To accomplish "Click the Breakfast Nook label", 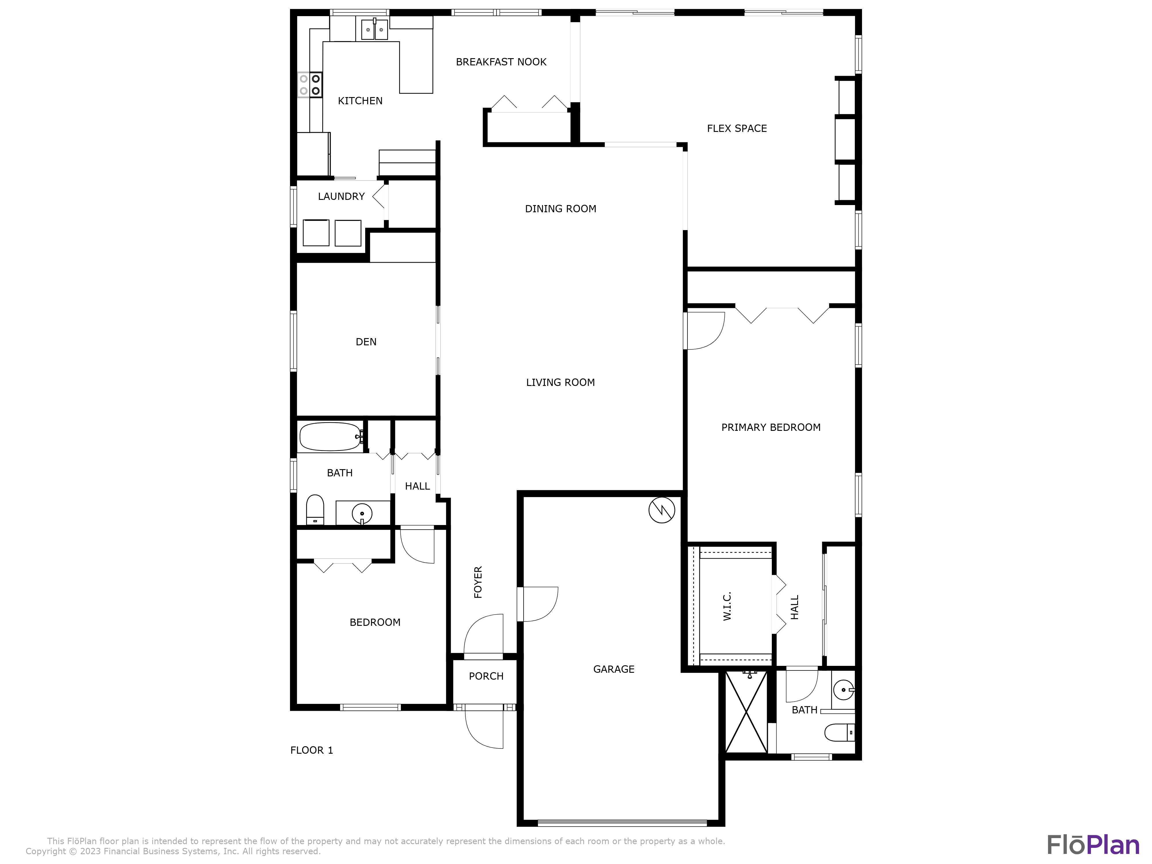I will [x=501, y=62].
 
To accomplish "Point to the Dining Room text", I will [x=560, y=209].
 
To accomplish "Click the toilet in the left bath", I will [x=315, y=509].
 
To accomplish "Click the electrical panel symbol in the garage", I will [x=662, y=510].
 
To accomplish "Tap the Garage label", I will [x=613, y=669].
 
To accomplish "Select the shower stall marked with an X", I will [x=746, y=712].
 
